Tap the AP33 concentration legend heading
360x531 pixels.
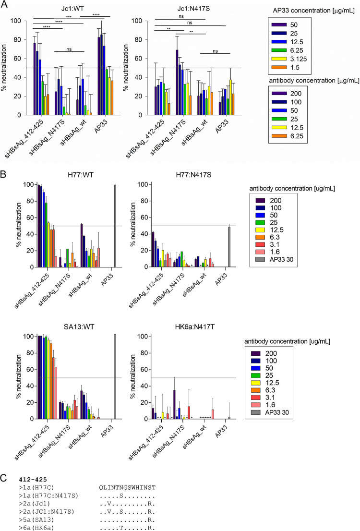(307, 10)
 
